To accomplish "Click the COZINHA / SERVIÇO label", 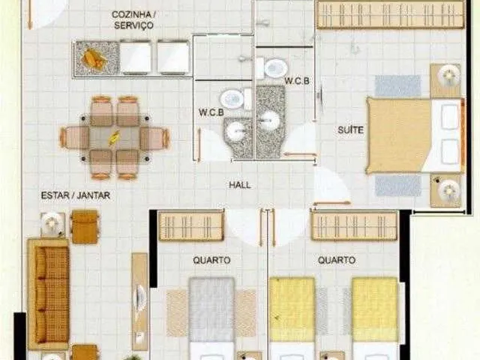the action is pos(133,19).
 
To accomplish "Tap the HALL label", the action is pos(240,185).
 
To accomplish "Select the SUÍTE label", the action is pos(350,130).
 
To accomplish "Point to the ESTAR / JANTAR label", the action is pos(76,195).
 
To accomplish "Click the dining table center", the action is pos(114,137).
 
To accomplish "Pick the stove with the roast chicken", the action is pos(97,58).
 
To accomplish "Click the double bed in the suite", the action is pos(415,135).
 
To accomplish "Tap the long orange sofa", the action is pos(49,294).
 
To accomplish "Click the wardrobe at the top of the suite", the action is pos(391,15).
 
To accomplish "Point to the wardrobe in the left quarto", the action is pos(192,226).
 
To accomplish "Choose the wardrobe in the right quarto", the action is pos(354,226).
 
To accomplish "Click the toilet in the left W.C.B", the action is pos(235,99).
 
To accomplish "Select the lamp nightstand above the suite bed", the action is pos(445,80).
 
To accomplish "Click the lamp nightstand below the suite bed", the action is pos(445,190).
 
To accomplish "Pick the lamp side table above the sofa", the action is pos(52,224).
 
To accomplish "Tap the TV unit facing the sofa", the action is pos(140,301).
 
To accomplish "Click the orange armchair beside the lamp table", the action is pos(85,226).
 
